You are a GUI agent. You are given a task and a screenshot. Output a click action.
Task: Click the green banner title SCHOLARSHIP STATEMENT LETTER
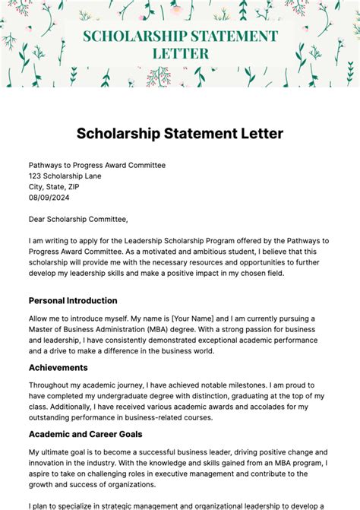[180, 45]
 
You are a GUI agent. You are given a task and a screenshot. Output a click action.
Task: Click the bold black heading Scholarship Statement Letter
[180, 134]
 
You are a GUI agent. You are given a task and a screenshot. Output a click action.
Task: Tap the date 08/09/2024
[49, 198]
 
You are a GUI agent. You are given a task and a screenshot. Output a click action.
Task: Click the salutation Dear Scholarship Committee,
[78, 220]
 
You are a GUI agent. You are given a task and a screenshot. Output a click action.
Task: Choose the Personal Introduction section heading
[73, 300]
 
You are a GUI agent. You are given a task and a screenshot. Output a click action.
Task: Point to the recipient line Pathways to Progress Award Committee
[97, 165]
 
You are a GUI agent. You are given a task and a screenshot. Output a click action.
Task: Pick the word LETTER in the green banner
[180, 54]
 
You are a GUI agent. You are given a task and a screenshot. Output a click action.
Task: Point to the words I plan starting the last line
[40, 505]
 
